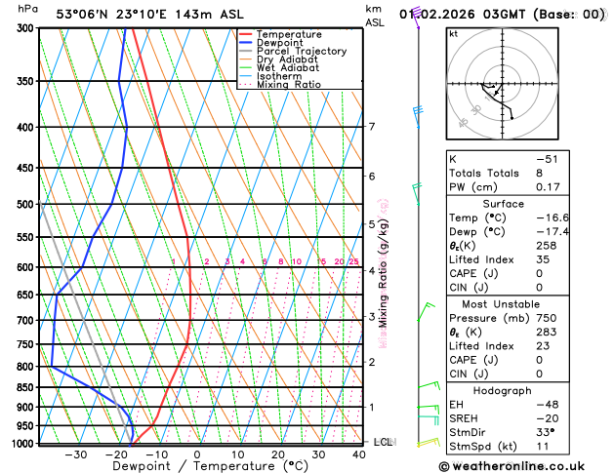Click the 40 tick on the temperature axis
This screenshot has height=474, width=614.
tap(360, 454)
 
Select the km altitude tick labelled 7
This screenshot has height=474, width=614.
tap(371, 127)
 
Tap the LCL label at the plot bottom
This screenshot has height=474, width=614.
tap(383, 442)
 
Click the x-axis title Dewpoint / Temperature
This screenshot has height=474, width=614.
tap(196, 467)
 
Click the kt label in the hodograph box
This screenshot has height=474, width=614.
tap(453, 33)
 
